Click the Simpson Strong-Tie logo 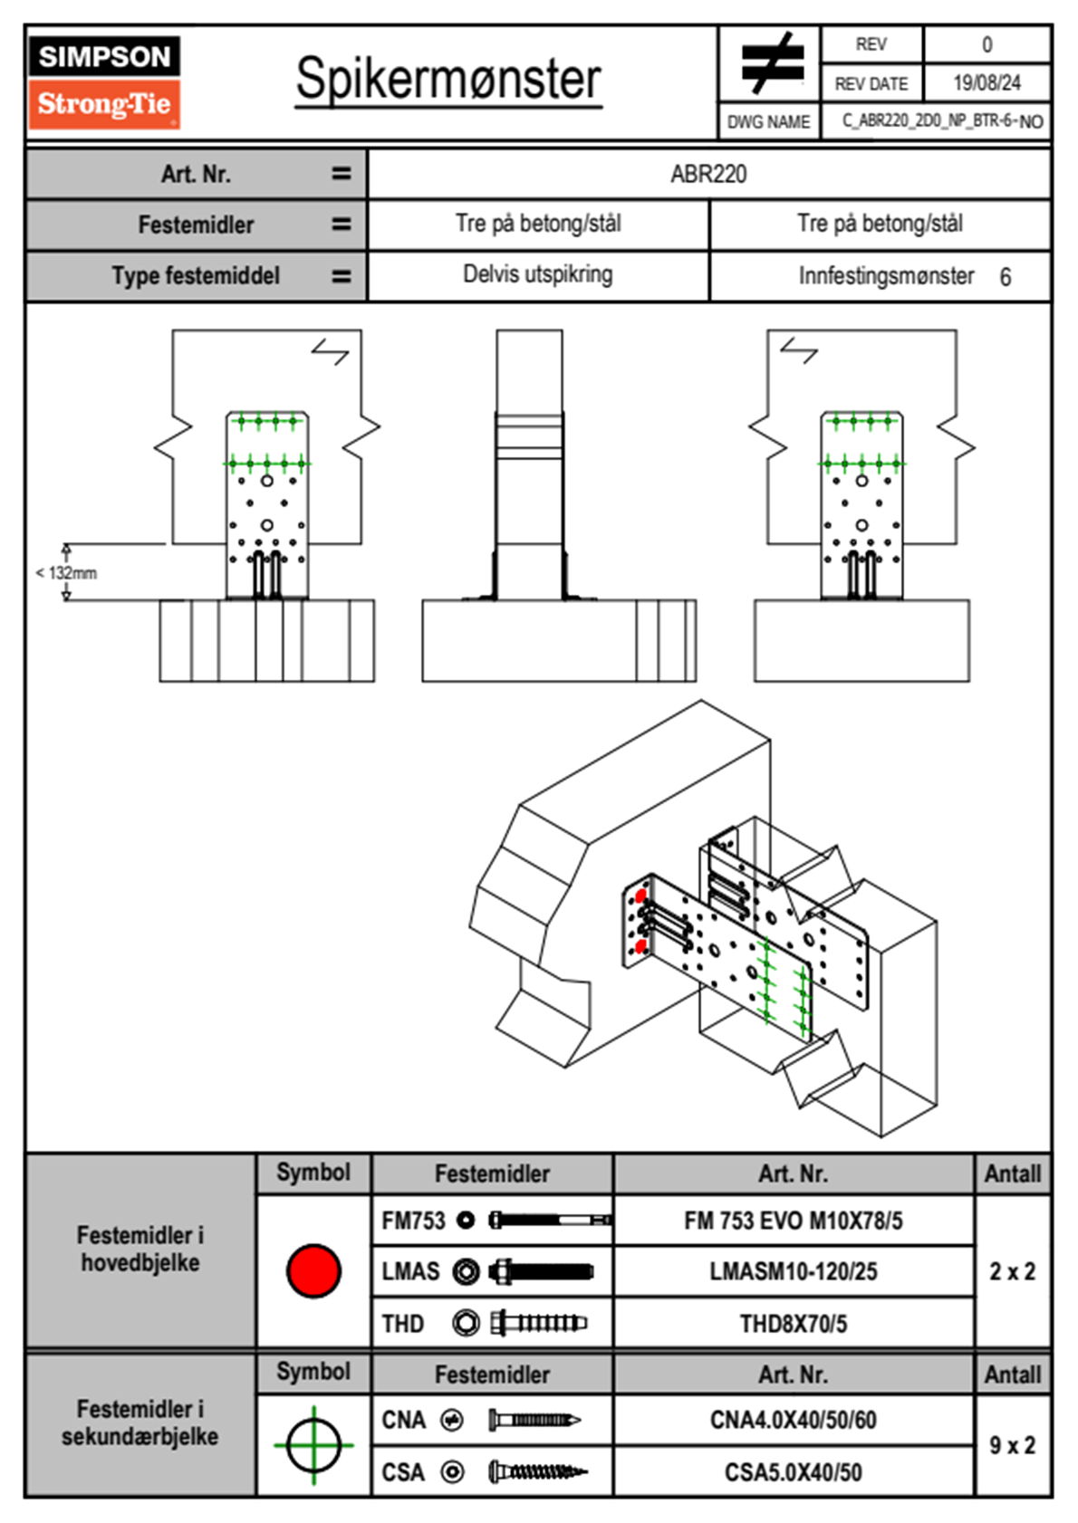[103, 82]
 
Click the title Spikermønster [448, 79]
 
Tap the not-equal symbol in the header [771, 63]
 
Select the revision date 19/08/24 [987, 83]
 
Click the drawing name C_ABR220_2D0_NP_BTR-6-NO [942, 121]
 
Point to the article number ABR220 [708, 174]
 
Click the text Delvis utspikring [537, 274]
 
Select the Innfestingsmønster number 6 [1005, 277]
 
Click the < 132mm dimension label [66, 573]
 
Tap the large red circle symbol [313, 1270]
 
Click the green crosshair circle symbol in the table [313, 1445]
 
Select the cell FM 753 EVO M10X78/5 [793, 1221]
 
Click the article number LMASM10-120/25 [793, 1272]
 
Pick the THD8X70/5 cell [793, 1324]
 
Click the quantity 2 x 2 [1012, 1272]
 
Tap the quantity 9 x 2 [1012, 1446]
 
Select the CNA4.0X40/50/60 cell [793, 1420]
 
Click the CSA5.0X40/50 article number [793, 1472]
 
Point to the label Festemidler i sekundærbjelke [140, 1422]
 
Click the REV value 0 [987, 44]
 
